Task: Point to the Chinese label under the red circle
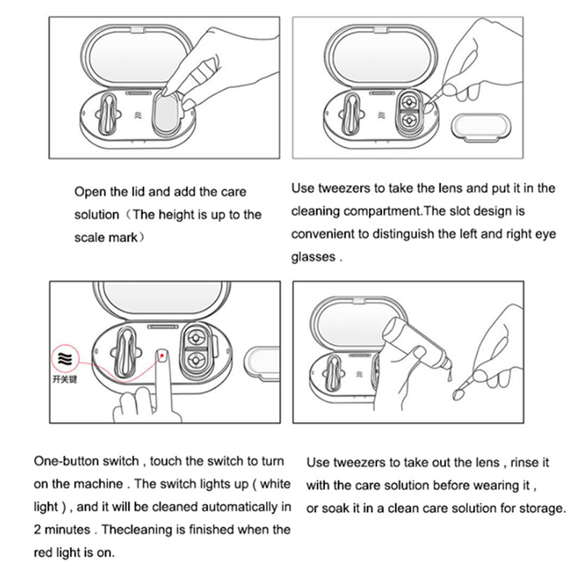point(65,379)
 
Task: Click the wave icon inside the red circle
point(65,358)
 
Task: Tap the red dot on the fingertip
point(162,355)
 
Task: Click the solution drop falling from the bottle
point(449,376)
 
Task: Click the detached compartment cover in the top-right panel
point(481,128)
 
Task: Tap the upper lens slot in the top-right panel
point(409,101)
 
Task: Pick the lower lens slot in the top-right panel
point(409,120)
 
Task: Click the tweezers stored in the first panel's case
point(107,114)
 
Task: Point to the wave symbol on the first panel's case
point(138,116)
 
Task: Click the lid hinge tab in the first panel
point(136,29)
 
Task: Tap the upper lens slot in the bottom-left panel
point(195,338)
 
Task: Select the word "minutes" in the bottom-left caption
point(67,530)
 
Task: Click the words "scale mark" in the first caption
point(106,238)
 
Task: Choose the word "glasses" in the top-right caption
point(313,257)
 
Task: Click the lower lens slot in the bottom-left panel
point(195,360)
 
